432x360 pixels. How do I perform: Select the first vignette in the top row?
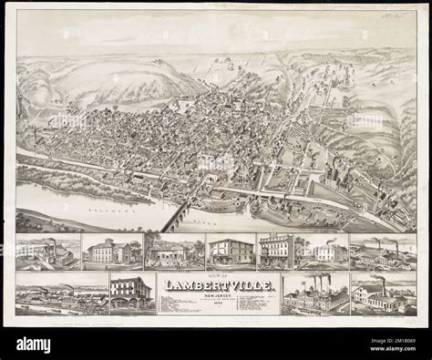46,252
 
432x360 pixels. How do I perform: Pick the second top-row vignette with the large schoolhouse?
112,252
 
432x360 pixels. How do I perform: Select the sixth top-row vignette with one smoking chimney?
327,252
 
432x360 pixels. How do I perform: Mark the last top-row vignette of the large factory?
384,252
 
